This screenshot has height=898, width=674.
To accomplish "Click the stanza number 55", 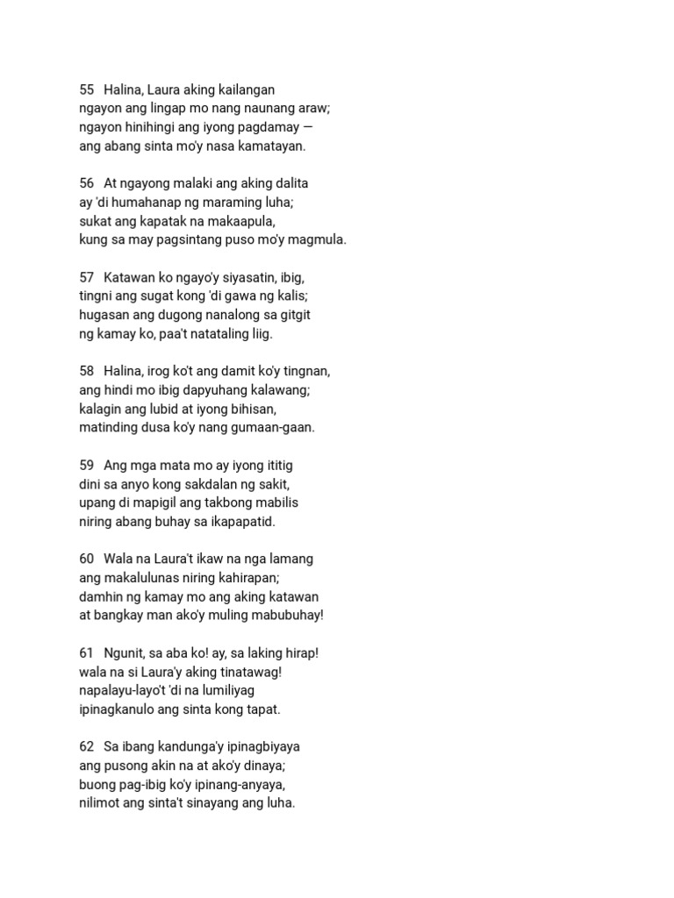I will point(86,89).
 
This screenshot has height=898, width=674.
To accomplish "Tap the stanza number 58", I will point(86,371).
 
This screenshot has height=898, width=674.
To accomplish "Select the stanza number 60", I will point(86,559).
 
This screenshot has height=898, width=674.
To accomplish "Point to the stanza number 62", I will point(86,746).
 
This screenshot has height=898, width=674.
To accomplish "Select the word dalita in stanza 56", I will point(290,183).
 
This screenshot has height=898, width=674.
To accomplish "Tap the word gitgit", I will point(293,315).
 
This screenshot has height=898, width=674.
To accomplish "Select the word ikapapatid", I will point(241,521).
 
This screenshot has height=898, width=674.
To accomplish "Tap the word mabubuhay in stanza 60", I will point(284,615).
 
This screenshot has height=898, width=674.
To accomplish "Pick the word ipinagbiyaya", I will point(261,746).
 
